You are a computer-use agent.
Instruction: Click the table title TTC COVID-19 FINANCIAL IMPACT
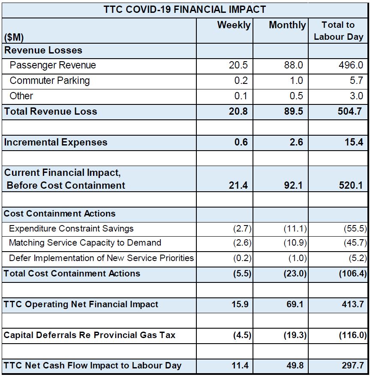[185, 9]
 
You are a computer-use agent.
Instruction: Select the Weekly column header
[234, 25]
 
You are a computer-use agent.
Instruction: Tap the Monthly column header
[287, 25]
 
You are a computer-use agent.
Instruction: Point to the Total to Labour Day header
[338, 31]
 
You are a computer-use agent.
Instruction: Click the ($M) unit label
[14, 37]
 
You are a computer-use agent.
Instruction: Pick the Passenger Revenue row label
[53, 65]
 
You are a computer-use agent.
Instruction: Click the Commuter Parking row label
[50, 80]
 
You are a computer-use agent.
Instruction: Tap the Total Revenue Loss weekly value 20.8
[238, 111]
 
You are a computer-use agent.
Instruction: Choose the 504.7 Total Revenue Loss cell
[350, 111]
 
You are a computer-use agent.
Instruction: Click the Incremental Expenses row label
[56, 142]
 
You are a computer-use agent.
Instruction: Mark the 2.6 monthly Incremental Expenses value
[296, 142]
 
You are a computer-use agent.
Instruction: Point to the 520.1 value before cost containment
[350, 185]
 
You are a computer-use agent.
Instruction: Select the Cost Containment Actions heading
[60, 214]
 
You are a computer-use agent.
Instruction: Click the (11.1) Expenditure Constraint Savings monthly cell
[295, 229]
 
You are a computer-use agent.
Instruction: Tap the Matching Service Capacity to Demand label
[85, 243]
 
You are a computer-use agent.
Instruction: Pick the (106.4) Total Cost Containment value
[352, 273]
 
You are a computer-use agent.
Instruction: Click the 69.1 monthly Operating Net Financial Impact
[295, 305]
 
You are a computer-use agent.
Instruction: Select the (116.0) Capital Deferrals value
[352, 335]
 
